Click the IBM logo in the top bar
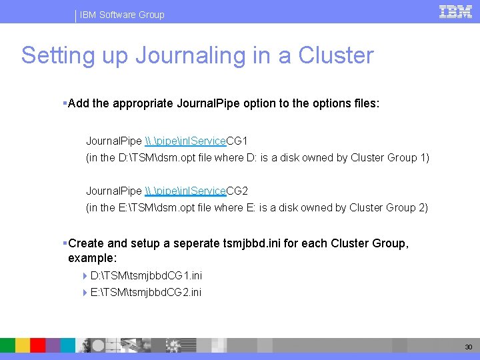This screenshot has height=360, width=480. [x=455, y=12]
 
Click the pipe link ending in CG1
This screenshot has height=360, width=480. [x=196, y=141]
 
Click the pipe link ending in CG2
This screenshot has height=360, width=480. [x=196, y=191]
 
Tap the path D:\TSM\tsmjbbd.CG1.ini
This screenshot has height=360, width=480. [x=146, y=275]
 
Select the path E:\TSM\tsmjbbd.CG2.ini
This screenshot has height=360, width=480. [x=146, y=292]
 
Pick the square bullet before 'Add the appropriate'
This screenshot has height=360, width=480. [x=64, y=104]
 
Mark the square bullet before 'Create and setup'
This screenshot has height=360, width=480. [x=64, y=243]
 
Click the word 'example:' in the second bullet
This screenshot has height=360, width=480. [x=92, y=257]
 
